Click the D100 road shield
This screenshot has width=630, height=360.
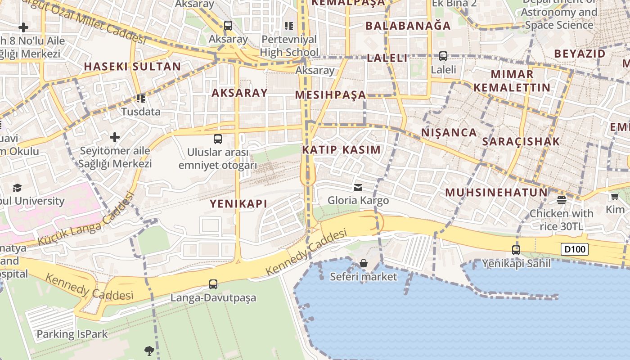575,249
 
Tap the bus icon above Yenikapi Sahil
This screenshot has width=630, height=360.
516,250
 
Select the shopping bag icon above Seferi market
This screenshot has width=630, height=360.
364,263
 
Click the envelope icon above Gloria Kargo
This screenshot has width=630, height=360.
358,187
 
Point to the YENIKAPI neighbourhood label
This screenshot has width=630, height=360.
238,204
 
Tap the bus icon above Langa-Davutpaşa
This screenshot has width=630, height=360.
213,284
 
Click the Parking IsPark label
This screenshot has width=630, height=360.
72,334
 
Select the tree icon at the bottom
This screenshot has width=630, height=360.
149,351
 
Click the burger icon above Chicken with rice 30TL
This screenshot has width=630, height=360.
561,200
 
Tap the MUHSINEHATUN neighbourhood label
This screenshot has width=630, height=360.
496,193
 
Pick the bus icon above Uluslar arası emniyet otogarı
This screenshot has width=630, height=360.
218,139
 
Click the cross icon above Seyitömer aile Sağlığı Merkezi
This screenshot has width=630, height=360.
115,137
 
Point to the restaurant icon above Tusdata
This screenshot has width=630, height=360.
141,98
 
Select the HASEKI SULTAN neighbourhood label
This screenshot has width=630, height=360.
132,67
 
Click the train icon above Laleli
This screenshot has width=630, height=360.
443,56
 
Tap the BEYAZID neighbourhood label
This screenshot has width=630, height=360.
580,54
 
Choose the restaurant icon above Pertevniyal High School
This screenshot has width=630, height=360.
288,26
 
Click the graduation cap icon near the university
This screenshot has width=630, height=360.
17,187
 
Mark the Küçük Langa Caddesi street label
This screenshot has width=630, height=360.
85,219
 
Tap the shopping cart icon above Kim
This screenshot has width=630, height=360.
615,196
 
